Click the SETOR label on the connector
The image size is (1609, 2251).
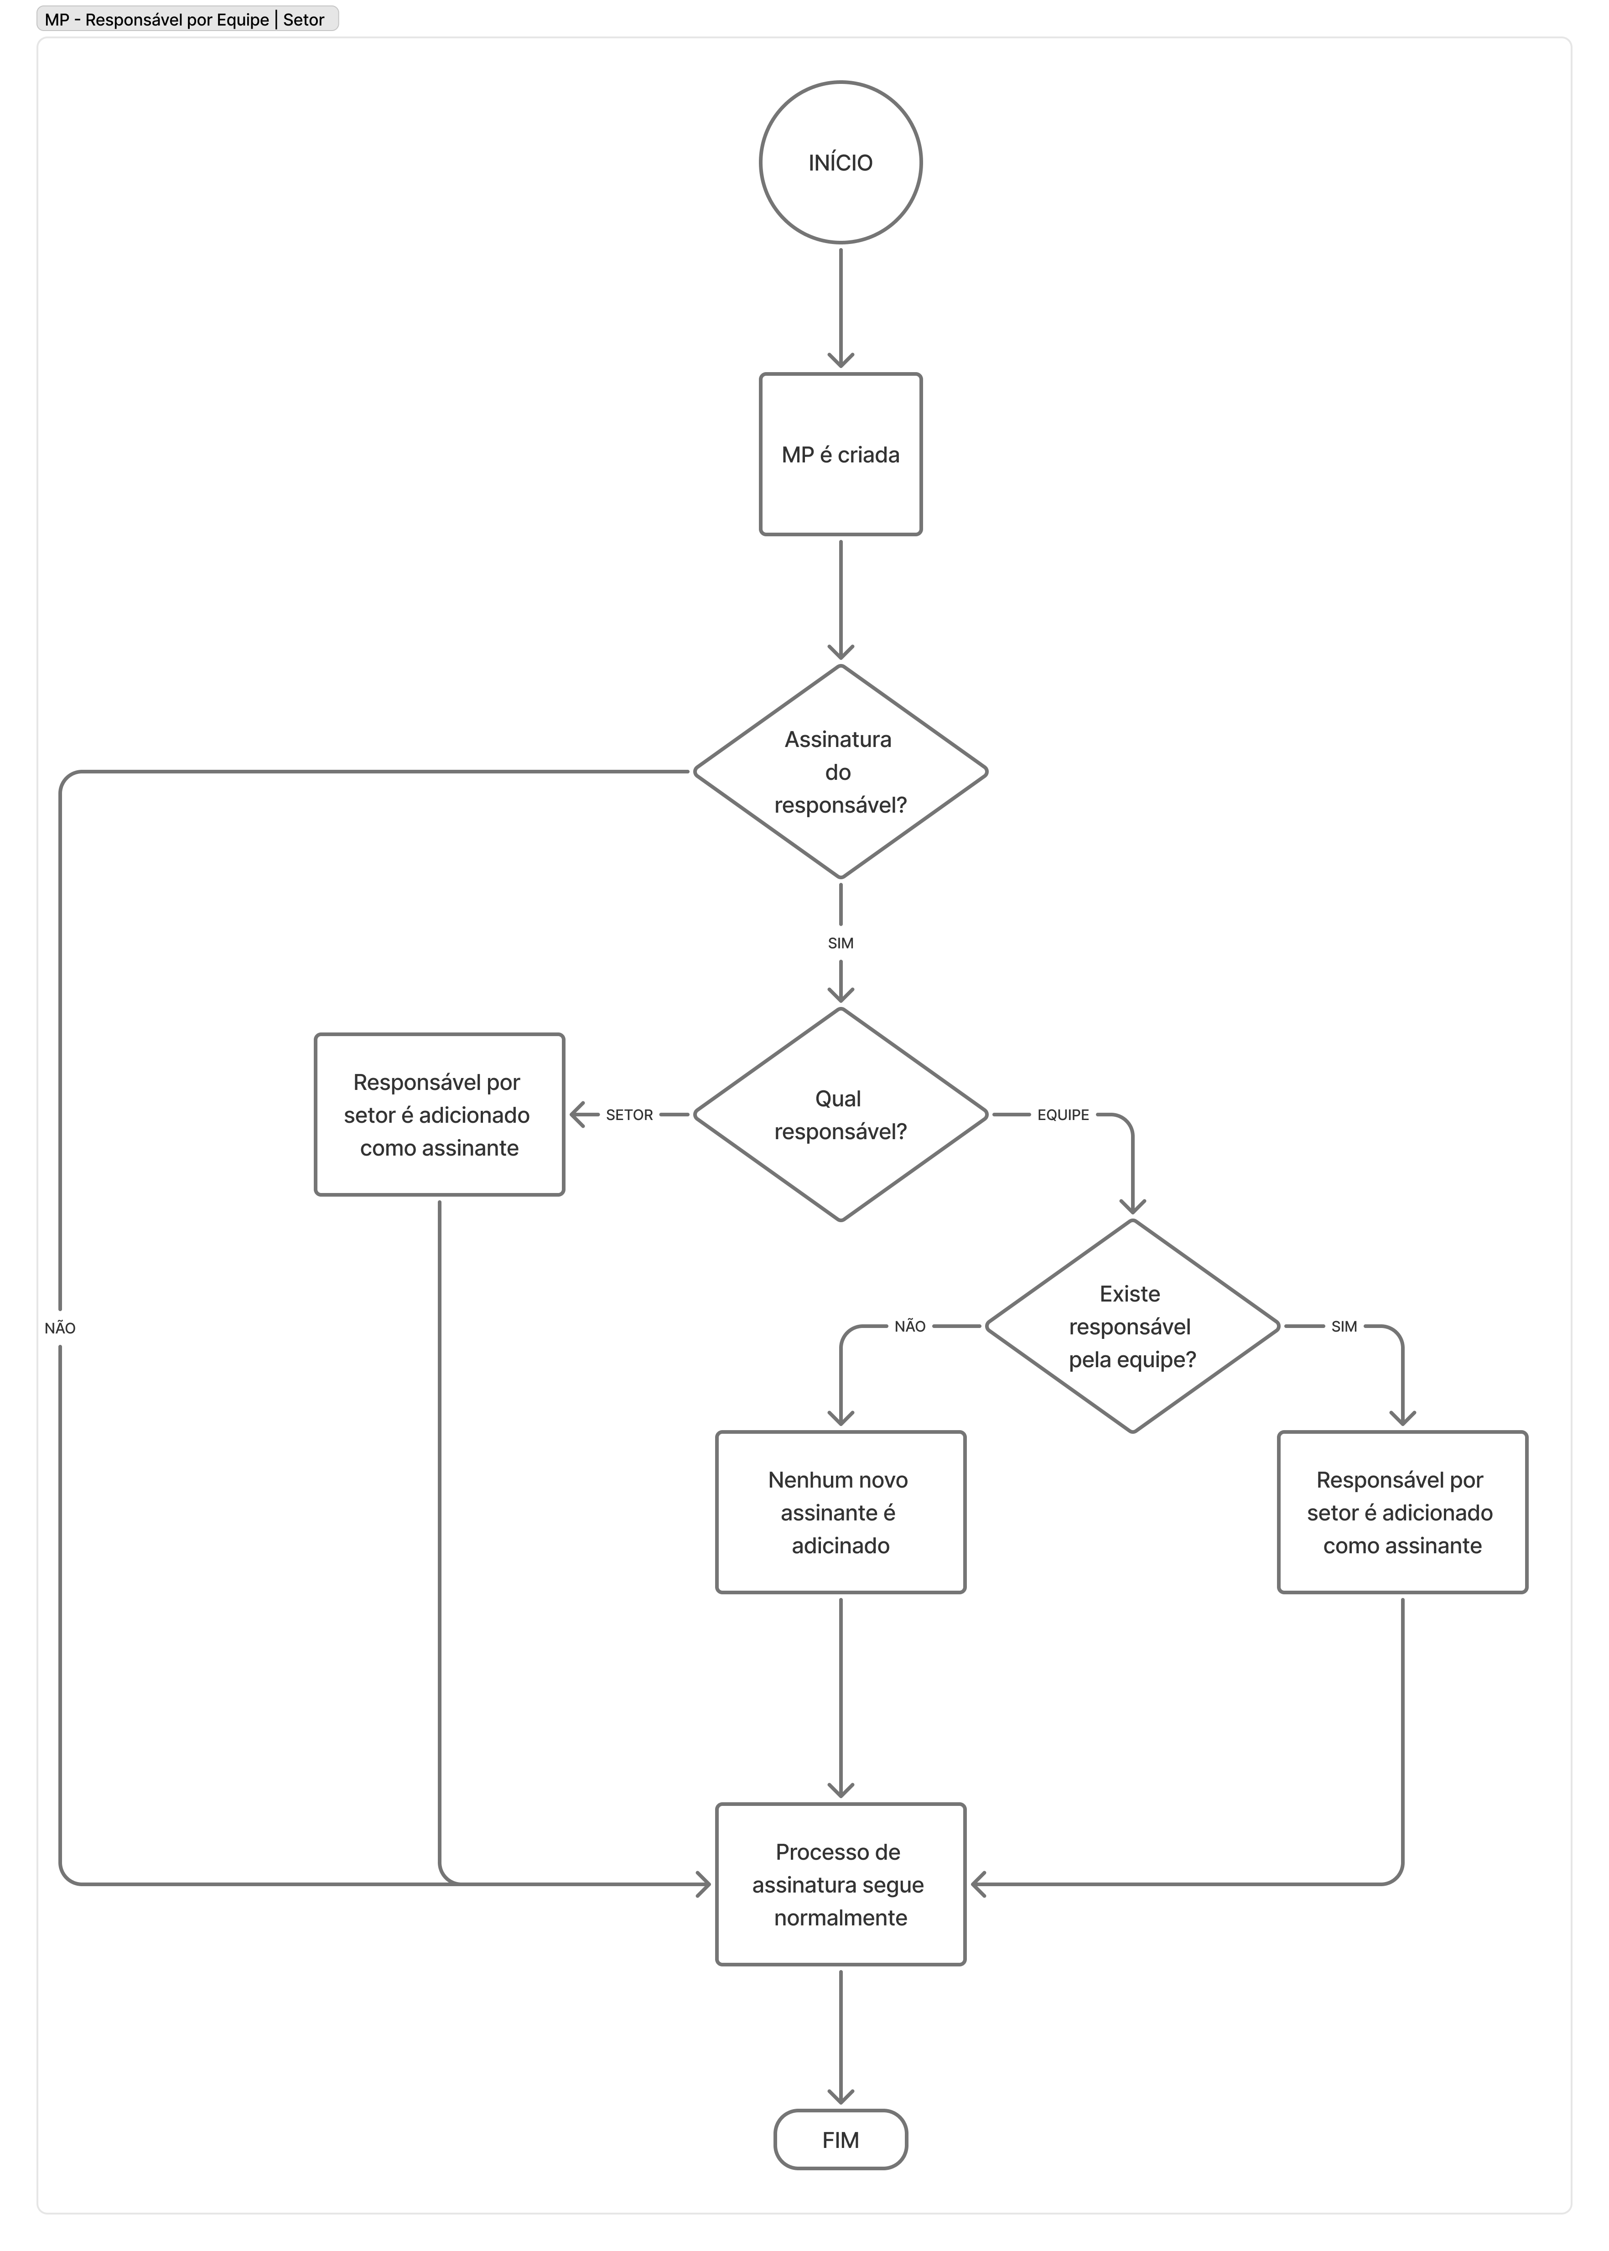coord(629,1115)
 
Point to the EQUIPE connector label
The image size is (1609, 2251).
coord(1063,1115)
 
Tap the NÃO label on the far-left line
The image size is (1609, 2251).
coord(59,1328)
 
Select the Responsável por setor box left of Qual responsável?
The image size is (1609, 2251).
coord(439,1115)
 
